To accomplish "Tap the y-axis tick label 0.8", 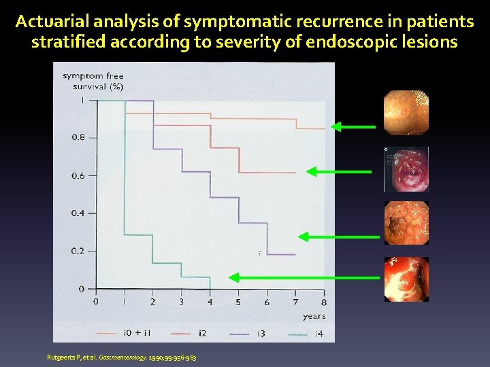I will coord(79,137).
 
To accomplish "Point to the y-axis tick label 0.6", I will coord(79,175).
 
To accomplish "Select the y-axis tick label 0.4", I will coord(79,213).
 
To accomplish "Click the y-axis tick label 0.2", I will coord(79,251).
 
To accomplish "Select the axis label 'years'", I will coord(314,316).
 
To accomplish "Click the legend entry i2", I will coord(202,333).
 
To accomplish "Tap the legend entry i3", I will coord(261,333).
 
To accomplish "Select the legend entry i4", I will coord(319,333).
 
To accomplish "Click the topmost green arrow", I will coord(353,126).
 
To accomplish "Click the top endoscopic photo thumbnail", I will coord(406,113).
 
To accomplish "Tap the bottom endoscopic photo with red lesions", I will coord(406,279).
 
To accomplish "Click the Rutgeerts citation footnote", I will coord(122,357).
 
